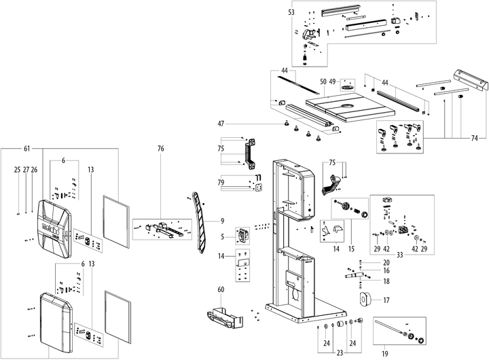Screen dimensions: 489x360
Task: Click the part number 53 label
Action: click(x=291, y=13)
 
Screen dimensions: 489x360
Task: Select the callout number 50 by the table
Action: click(x=323, y=82)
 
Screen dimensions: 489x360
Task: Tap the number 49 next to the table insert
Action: click(x=332, y=82)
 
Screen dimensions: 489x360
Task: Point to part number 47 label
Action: click(x=221, y=124)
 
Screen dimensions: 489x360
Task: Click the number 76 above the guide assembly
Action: click(x=160, y=149)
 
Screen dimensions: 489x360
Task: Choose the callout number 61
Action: click(x=26, y=149)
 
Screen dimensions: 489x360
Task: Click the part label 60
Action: click(x=221, y=290)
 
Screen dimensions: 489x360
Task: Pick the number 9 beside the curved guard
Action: click(x=222, y=221)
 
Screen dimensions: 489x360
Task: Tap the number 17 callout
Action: click(x=386, y=300)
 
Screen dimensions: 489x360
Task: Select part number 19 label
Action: click(x=385, y=354)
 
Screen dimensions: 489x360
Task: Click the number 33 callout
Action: click(x=400, y=255)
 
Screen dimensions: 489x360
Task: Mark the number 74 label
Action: click(x=474, y=138)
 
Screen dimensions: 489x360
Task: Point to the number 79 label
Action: click(x=221, y=183)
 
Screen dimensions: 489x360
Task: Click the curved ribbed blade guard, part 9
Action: click(x=200, y=223)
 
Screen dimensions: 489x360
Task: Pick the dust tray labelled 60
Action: click(x=225, y=318)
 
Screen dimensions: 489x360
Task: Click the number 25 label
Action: click(x=17, y=170)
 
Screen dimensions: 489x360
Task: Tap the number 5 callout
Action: click(x=222, y=237)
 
